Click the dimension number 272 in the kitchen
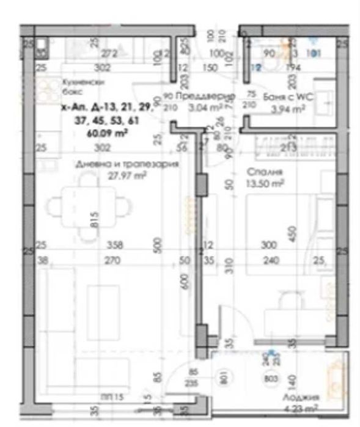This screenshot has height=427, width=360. click(x=109, y=53)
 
